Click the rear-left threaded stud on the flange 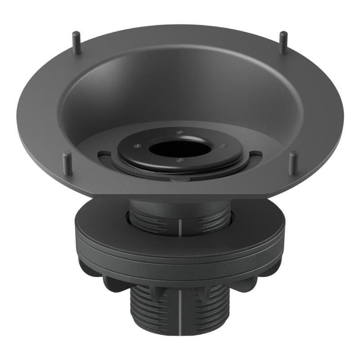click(x=77, y=42)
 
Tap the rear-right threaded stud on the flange click(x=283, y=43)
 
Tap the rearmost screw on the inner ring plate click(x=180, y=132)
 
